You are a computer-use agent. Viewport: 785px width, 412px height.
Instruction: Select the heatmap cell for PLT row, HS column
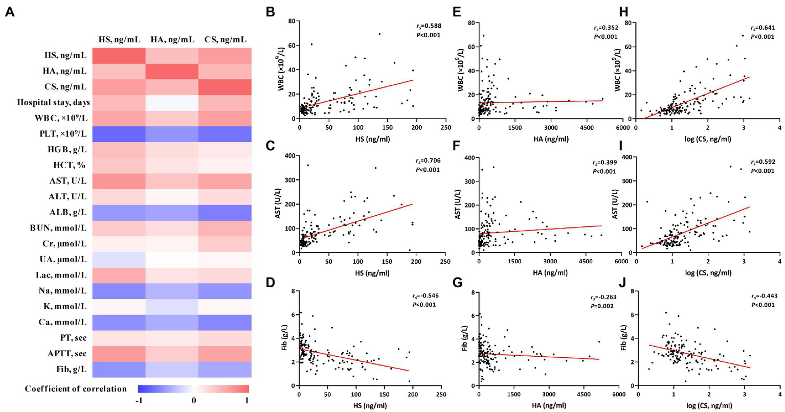[119, 134]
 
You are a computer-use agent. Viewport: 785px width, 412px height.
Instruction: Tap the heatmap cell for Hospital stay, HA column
[172, 103]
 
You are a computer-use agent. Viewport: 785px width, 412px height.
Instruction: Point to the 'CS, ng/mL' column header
[225, 40]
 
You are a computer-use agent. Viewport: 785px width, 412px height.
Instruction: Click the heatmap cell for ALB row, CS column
[225, 212]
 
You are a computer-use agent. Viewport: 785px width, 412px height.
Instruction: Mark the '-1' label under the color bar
[139, 400]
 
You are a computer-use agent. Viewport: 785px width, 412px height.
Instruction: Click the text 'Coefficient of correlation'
[76, 389]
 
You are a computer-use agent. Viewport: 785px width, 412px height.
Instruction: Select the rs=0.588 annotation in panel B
[428, 26]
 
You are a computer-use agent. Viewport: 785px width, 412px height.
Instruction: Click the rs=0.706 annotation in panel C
[428, 161]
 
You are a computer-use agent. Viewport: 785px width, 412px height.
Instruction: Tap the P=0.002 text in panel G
[604, 305]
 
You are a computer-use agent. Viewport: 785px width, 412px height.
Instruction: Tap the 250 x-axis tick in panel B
[445, 128]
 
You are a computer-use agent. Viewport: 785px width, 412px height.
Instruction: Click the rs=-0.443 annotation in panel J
[761, 296]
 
